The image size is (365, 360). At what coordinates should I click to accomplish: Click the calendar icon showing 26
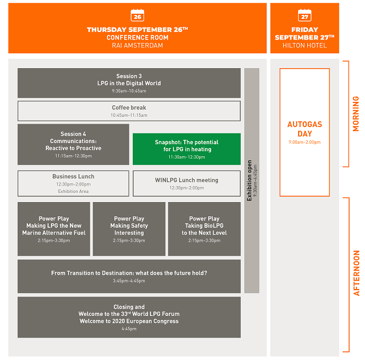click(137, 15)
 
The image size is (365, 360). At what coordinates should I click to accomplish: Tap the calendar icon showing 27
click(304, 15)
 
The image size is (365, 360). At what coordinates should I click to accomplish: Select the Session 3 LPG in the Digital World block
click(129, 83)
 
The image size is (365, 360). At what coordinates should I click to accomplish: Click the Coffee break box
click(129, 111)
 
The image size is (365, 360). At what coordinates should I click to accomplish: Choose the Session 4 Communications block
click(73, 144)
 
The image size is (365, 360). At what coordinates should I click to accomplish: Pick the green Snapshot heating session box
click(187, 149)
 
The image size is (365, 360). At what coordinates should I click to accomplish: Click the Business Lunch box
click(73, 184)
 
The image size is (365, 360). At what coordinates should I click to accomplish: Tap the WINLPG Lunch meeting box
click(187, 184)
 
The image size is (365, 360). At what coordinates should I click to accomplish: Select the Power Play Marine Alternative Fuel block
click(54, 229)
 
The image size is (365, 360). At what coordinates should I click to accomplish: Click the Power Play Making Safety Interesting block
click(129, 229)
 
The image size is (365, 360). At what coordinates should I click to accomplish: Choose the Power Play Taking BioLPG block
click(204, 229)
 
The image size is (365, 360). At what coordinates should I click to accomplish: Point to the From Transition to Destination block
click(129, 276)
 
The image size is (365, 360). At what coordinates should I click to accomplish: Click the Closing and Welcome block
click(129, 317)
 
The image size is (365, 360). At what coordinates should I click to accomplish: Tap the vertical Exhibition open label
click(249, 180)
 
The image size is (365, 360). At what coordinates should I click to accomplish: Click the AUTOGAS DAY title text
click(304, 129)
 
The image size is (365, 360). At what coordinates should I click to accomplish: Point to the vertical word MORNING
click(356, 114)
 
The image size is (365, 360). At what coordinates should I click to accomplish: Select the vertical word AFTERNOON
click(356, 273)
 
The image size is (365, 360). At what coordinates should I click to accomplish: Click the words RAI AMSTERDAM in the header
click(137, 45)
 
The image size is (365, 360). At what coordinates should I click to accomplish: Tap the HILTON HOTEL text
click(304, 45)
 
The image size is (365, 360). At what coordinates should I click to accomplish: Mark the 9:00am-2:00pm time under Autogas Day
click(304, 142)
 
